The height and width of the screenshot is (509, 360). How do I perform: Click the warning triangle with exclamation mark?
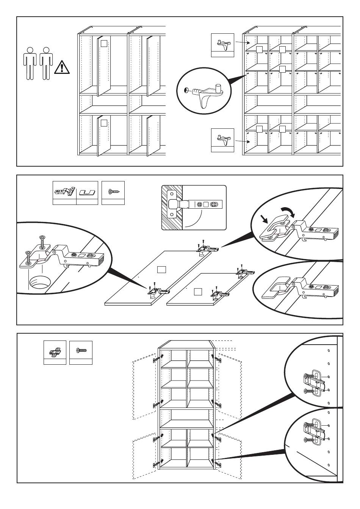pyautogui.click(x=61, y=67)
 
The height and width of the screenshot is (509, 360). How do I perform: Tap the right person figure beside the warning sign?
pyautogui.click(x=46, y=63)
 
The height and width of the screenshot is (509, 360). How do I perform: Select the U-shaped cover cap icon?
pyautogui.click(x=87, y=192)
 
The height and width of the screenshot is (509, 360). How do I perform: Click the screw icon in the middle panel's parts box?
pyautogui.click(x=113, y=192)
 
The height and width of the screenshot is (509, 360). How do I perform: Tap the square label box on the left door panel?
pyautogui.click(x=161, y=269)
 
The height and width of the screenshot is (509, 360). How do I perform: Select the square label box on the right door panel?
pyautogui.click(x=197, y=291)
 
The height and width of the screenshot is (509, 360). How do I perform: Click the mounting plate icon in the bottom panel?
pyautogui.click(x=55, y=352)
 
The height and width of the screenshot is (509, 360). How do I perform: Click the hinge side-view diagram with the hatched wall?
pyautogui.click(x=194, y=207)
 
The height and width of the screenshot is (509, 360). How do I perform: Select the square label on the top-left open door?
pyautogui.click(x=104, y=43)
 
